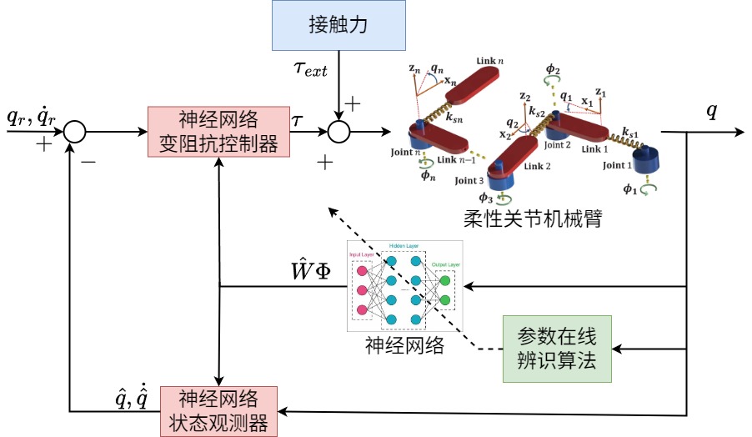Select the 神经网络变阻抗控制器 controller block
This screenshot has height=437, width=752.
[x=218, y=132]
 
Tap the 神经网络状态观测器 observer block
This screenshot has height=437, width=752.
[x=218, y=409]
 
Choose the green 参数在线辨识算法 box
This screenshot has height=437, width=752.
[x=557, y=349]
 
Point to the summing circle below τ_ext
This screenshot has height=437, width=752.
[x=339, y=132]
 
